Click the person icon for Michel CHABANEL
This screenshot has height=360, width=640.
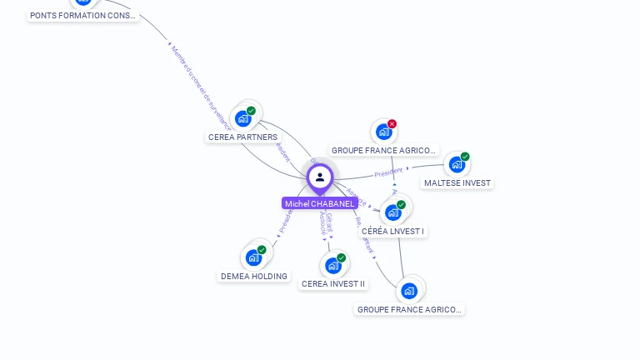click(x=320, y=177)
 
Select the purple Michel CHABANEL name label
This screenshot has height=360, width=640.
click(x=320, y=203)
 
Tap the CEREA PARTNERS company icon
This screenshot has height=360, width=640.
click(x=243, y=118)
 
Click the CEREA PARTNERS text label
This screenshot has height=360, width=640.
click(x=243, y=137)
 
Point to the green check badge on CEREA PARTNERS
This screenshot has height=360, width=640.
click(x=251, y=111)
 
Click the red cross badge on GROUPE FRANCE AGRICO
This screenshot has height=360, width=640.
click(x=392, y=124)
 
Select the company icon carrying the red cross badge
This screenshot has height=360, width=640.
click(x=383, y=132)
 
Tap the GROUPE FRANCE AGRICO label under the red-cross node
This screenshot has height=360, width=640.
click(x=383, y=151)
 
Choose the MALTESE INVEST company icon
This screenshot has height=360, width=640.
click(x=457, y=164)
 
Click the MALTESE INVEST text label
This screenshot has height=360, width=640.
click(x=457, y=183)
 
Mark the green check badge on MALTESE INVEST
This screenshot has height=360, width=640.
click(x=465, y=157)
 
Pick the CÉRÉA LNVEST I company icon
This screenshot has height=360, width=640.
click(x=392, y=212)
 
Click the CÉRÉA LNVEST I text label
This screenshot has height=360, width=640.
click(x=393, y=232)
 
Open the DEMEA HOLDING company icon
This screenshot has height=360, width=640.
click(x=253, y=257)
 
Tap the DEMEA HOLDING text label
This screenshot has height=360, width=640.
click(x=254, y=277)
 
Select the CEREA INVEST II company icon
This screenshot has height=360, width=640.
click(x=333, y=265)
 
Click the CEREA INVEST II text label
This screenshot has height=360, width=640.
click(x=333, y=284)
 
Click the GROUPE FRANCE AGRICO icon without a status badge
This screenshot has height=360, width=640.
click(x=408, y=291)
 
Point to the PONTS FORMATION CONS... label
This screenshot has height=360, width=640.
click(x=82, y=16)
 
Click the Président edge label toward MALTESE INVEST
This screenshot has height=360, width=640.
click(x=388, y=173)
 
